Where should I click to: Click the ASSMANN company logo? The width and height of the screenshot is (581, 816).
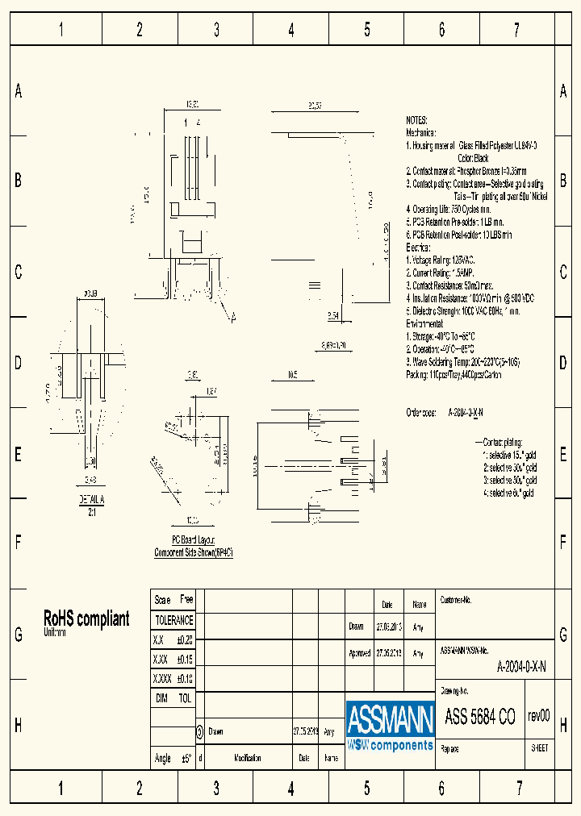(x=390, y=725)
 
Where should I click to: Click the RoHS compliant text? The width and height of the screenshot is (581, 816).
(x=86, y=618)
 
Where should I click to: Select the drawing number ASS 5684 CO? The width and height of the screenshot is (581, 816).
(x=479, y=717)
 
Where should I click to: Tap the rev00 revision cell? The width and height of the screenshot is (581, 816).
(x=538, y=715)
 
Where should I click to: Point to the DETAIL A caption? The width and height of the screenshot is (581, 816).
(x=91, y=500)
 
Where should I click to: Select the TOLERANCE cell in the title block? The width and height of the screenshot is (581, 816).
(x=173, y=620)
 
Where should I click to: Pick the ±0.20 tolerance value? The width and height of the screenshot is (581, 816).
(x=184, y=639)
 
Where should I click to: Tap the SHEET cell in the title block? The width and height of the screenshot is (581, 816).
(x=540, y=747)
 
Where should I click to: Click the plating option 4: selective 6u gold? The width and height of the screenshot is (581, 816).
(x=508, y=492)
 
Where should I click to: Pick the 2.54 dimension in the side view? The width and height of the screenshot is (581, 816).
(x=334, y=315)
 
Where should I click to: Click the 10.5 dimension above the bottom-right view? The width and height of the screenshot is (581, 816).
(x=293, y=374)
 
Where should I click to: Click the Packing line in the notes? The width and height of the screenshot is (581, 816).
(x=453, y=375)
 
